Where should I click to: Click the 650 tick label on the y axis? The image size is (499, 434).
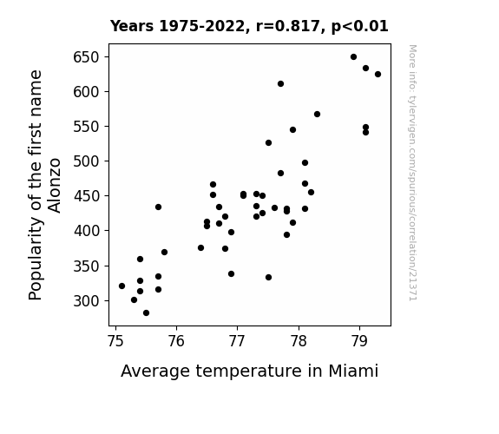tap(86, 57)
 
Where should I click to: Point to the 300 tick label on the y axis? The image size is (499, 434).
tap(86, 301)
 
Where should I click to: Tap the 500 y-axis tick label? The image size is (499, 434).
tap(86, 161)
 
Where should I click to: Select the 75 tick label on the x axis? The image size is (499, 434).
tap(115, 341)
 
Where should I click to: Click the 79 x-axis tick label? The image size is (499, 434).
tap(359, 341)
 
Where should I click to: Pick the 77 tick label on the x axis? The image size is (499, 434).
tap(237, 341)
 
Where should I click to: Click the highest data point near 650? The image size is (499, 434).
tap(353, 57)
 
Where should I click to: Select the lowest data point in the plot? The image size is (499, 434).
tap(146, 313)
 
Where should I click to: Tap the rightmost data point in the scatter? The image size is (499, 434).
tap(378, 74)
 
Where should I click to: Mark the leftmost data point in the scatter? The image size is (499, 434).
tap(121, 286)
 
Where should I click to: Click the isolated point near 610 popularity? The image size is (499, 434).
tap(280, 83)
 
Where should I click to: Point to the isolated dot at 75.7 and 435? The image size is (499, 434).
tap(158, 207)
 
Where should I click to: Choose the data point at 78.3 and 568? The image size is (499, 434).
tap(317, 114)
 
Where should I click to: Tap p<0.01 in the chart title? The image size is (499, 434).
tap(360, 27)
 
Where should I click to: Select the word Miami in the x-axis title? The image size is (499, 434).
tap(353, 371)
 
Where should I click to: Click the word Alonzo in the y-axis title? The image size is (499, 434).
tap(54, 185)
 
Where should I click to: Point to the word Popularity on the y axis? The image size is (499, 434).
tap(35, 259)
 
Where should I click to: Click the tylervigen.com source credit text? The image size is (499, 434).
tap(412, 173)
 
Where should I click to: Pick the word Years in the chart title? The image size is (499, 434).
tap(132, 26)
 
